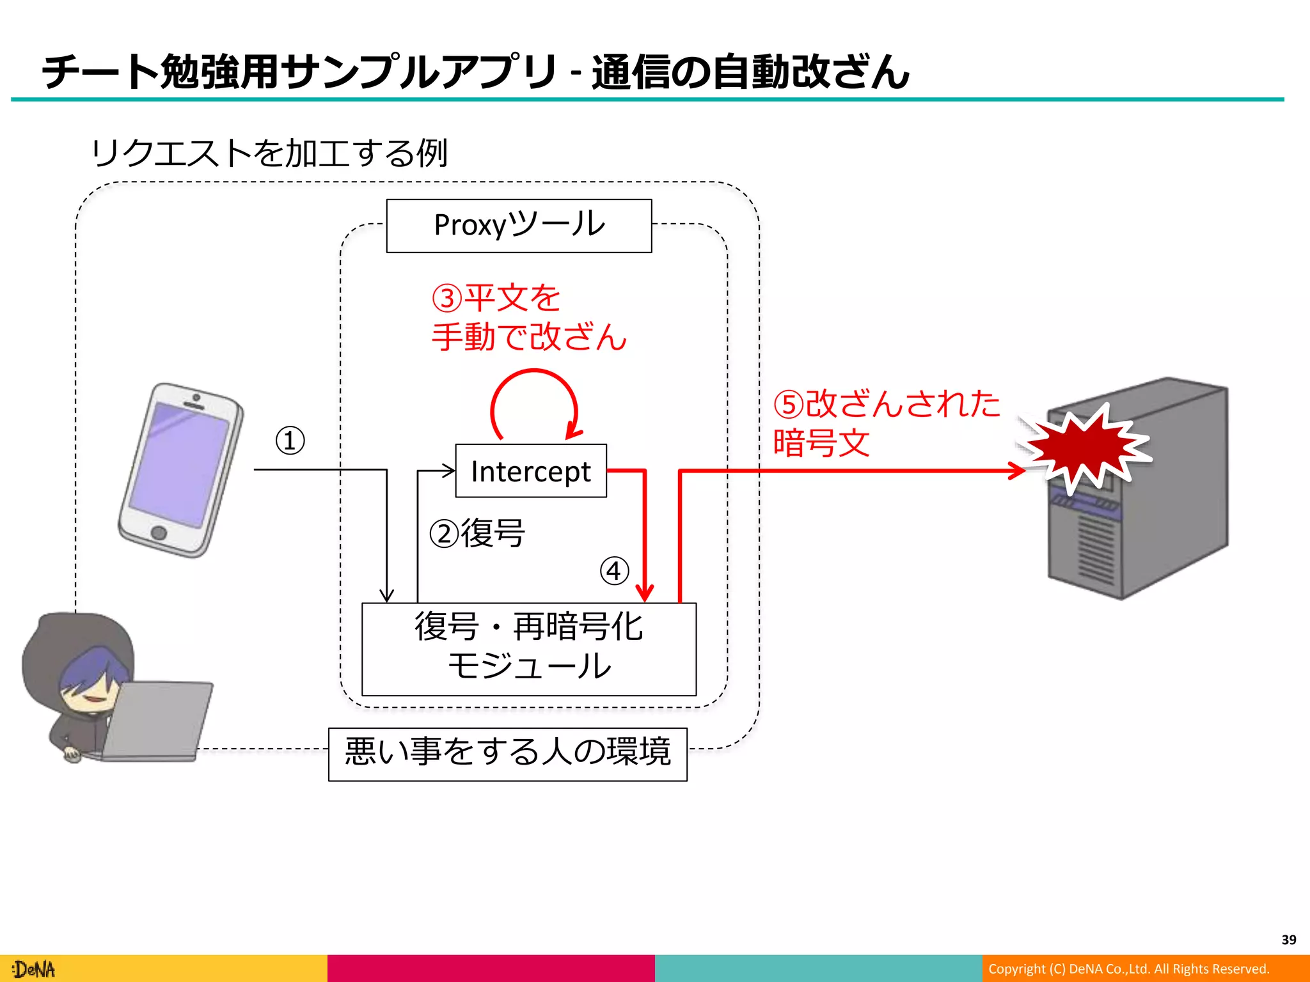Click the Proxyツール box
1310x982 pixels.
tap(519, 226)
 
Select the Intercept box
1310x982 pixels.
tap(530, 471)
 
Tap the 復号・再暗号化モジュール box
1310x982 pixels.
tap(528, 648)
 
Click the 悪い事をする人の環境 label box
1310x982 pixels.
tap(507, 754)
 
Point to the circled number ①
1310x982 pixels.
tap(290, 440)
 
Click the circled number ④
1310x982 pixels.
tap(614, 570)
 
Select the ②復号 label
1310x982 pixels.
tap(477, 533)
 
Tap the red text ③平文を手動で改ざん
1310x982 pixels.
tap(528, 318)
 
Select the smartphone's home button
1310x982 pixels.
tap(159, 533)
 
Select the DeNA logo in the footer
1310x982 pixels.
tap(35, 969)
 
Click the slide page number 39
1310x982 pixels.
tap(1288, 940)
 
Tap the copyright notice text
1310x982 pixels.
tap(1128, 969)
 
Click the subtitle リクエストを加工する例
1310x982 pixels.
tap(269, 153)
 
